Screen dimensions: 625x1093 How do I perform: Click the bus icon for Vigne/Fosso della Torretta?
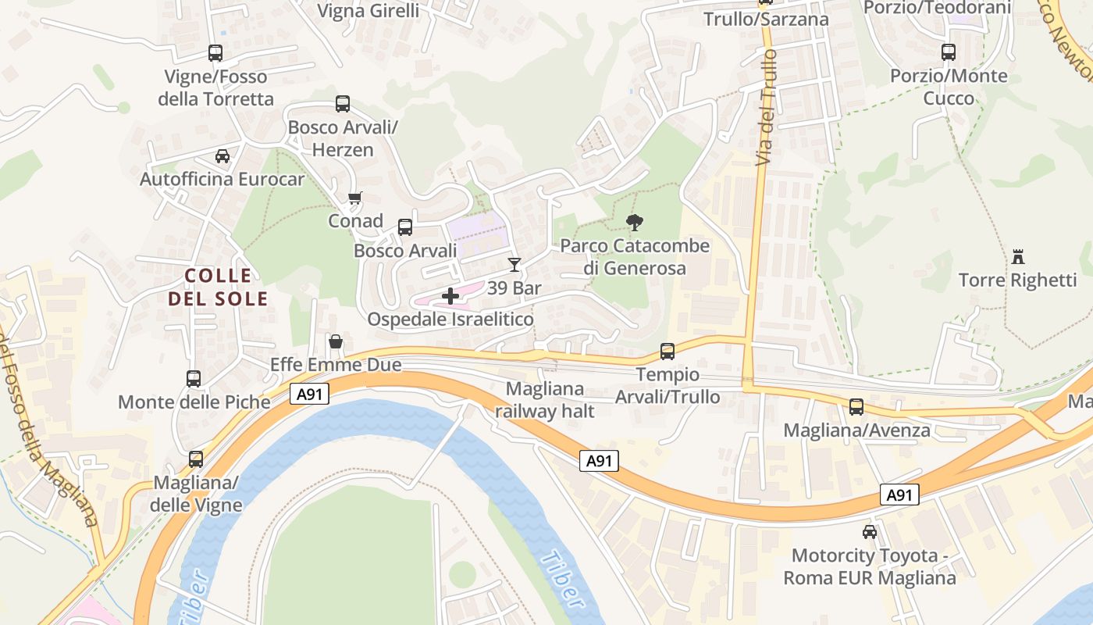[215, 53]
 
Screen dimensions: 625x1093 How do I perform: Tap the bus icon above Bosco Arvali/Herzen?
[343, 103]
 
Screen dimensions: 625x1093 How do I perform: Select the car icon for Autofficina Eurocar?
[223, 155]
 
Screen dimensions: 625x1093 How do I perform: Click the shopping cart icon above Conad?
[355, 198]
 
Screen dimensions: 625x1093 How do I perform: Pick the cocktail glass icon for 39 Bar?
[514, 264]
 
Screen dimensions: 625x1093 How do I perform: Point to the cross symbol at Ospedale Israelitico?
[450, 296]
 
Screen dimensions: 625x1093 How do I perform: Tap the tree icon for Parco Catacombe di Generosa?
[635, 223]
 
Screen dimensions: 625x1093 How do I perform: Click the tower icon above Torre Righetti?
[1017, 256]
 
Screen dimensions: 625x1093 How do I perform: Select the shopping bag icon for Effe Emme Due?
[336, 341]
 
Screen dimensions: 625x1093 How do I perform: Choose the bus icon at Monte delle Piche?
[194, 379]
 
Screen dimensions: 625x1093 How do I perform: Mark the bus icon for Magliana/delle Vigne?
[196, 459]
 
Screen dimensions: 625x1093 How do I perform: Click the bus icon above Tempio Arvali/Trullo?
[668, 352]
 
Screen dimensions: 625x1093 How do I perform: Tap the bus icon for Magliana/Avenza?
[856, 407]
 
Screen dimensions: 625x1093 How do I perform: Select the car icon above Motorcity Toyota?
[870, 532]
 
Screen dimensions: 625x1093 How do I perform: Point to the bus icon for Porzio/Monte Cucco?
[949, 52]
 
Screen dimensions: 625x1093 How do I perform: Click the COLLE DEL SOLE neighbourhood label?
[218, 287]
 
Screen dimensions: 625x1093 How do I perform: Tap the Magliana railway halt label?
[544, 400]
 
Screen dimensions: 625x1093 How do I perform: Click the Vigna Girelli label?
[368, 10]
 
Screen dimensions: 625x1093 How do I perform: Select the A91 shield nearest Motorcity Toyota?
[899, 495]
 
